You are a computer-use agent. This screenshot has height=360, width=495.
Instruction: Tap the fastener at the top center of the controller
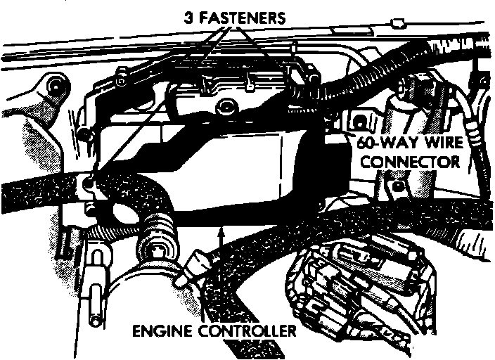[224, 107]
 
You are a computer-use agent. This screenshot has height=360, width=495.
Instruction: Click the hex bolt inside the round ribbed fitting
[159, 251]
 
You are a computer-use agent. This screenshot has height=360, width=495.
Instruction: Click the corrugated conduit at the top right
[373, 70]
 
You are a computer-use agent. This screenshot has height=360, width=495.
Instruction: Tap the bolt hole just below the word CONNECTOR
[399, 186]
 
